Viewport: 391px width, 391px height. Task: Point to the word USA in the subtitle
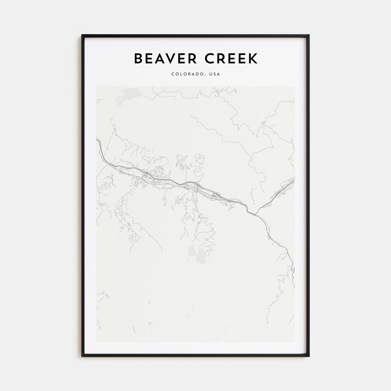pyautogui.click(x=215, y=74)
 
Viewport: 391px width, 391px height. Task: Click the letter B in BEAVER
pyautogui.click(x=138, y=58)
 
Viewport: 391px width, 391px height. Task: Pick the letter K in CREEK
pyautogui.click(x=252, y=58)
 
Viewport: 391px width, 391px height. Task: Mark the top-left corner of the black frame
pyautogui.click(x=82, y=35)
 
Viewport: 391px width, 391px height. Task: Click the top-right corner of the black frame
pyautogui.click(x=309, y=35)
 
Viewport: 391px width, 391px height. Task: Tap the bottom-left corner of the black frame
pyautogui.click(x=82, y=356)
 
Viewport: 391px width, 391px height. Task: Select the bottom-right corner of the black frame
pyautogui.click(x=309, y=356)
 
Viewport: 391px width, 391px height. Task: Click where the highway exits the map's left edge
pyautogui.click(x=97, y=140)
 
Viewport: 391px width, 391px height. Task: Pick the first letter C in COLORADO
pyautogui.click(x=173, y=74)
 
